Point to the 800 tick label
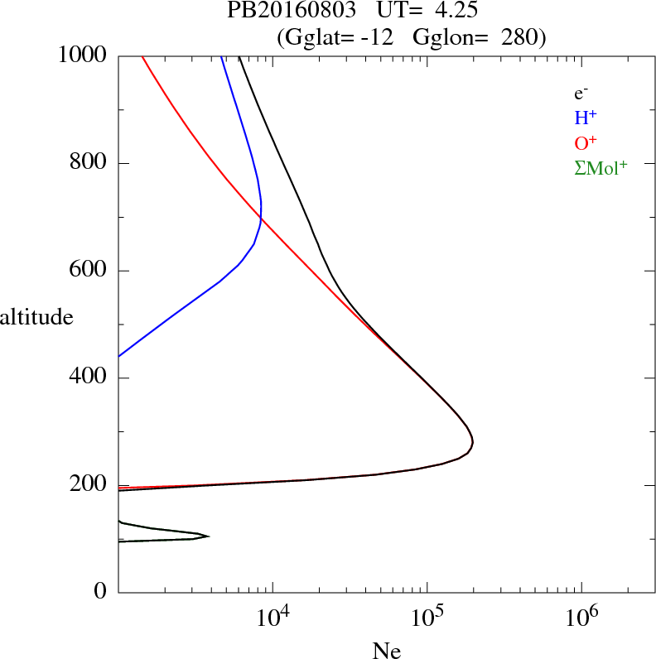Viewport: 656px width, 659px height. tap(89, 163)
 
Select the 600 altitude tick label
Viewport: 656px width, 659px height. tap(89, 271)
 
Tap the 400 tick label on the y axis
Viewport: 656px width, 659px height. tap(89, 378)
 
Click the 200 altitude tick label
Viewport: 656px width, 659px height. tap(89, 486)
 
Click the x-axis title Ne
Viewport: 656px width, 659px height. tap(386, 650)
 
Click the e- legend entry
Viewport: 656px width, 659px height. tap(581, 93)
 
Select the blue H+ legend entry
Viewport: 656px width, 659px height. tap(586, 118)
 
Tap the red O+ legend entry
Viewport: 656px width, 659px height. tap(586, 142)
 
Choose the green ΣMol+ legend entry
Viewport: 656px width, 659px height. tap(601, 167)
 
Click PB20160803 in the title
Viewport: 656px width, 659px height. tap(281, 12)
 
